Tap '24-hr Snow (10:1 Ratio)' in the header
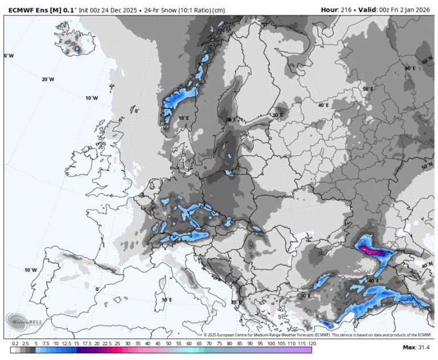(x=176, y=10)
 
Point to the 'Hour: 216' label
(x=336, y=10)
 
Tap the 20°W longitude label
(x=48, y=80)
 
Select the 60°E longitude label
(x=410, y=68)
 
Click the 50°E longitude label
(x=368, y=89)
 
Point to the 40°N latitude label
(x=427, y=266)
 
